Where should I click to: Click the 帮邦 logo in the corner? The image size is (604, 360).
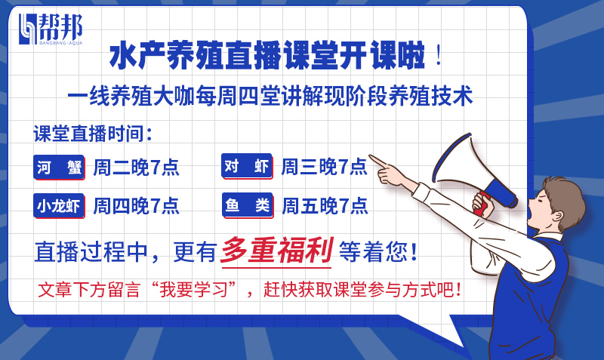coord(51,29)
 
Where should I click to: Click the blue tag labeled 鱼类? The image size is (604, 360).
coord(247,205)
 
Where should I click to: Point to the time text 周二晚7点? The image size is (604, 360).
coord(136,168)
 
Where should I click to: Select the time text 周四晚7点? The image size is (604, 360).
coord(136,205)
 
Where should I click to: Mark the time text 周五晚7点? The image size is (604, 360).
coord(324,205)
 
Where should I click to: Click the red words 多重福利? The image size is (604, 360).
coord(276,251)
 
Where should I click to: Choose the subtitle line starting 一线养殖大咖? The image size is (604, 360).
coord(270,97)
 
